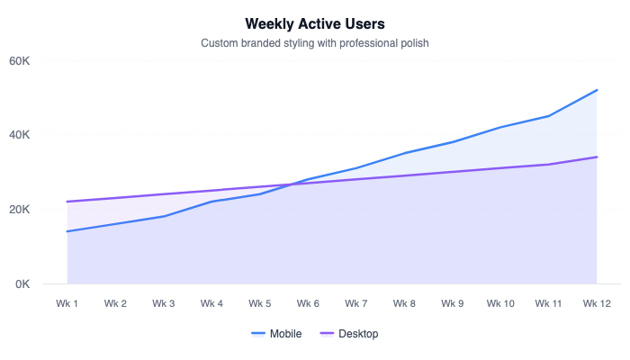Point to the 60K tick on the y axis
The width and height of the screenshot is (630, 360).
click(21, 60)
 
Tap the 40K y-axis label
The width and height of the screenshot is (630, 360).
click(21, 135)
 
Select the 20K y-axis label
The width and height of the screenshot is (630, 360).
click(21, 210)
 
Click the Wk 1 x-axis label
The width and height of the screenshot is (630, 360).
click(67, 303)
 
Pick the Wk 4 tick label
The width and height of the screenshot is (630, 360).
click(211, 303)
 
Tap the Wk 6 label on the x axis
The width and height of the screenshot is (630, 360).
click(308, 303)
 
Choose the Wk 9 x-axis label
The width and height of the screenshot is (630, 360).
click(453, 303)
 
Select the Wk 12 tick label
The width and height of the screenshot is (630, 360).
click(597, 303)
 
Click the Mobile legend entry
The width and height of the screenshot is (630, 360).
click(276, 334)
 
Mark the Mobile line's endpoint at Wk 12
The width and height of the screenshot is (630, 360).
click(597, 90)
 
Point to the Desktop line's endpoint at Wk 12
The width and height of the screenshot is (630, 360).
click(597, 157)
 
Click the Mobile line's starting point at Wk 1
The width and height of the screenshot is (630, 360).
click(67, 231)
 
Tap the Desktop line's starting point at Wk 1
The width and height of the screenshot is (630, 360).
click(67, 202)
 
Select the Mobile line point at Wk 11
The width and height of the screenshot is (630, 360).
click(549, 116)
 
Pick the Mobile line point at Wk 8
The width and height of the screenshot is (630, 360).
click(404, 153)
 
